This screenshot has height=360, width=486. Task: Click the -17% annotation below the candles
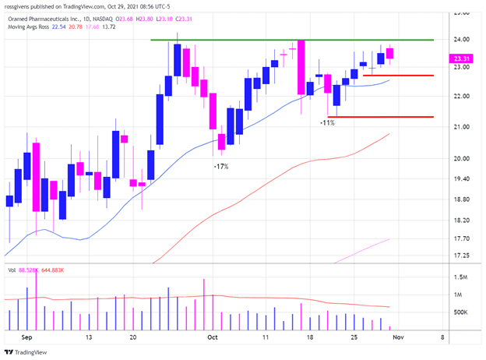click(221, 166)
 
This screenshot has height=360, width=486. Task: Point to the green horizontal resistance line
click(292, 40)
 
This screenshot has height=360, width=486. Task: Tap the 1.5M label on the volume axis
click(461, 277)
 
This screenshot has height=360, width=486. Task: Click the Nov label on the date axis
click(397, 339)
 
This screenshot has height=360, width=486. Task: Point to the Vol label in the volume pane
click(12, 270)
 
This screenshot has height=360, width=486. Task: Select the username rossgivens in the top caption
click(21, 5)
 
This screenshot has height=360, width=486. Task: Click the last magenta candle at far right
click(390, 53)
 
